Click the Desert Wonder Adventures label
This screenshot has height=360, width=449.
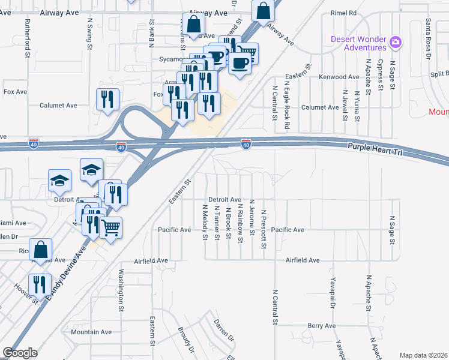pos(358,43)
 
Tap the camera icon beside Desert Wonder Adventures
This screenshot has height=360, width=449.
pos(395,42)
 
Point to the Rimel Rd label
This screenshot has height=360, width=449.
pos(343,13)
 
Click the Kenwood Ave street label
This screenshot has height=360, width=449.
pos(339,77)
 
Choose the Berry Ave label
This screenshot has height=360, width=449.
pos(321,326)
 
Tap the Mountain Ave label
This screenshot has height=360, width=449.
pos(91,332)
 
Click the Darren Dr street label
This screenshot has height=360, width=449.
pos(223,331)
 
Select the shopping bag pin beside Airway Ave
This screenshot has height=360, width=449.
pos(264,10)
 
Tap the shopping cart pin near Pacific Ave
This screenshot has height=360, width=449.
pos(110,227)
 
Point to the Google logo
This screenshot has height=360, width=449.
pos(20,353)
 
